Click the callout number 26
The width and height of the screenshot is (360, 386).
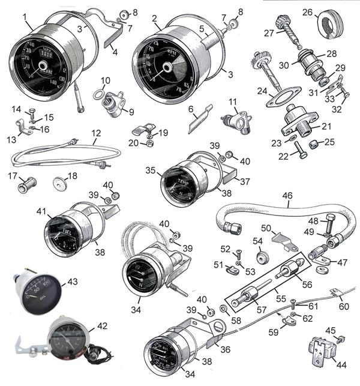pos(324,11)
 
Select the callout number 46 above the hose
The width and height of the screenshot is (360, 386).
pos(287,195)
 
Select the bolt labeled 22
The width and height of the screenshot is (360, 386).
pos(300,152)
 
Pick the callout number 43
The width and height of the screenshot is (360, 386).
pos(73,282)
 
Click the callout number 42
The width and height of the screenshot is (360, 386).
pos(103,326)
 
